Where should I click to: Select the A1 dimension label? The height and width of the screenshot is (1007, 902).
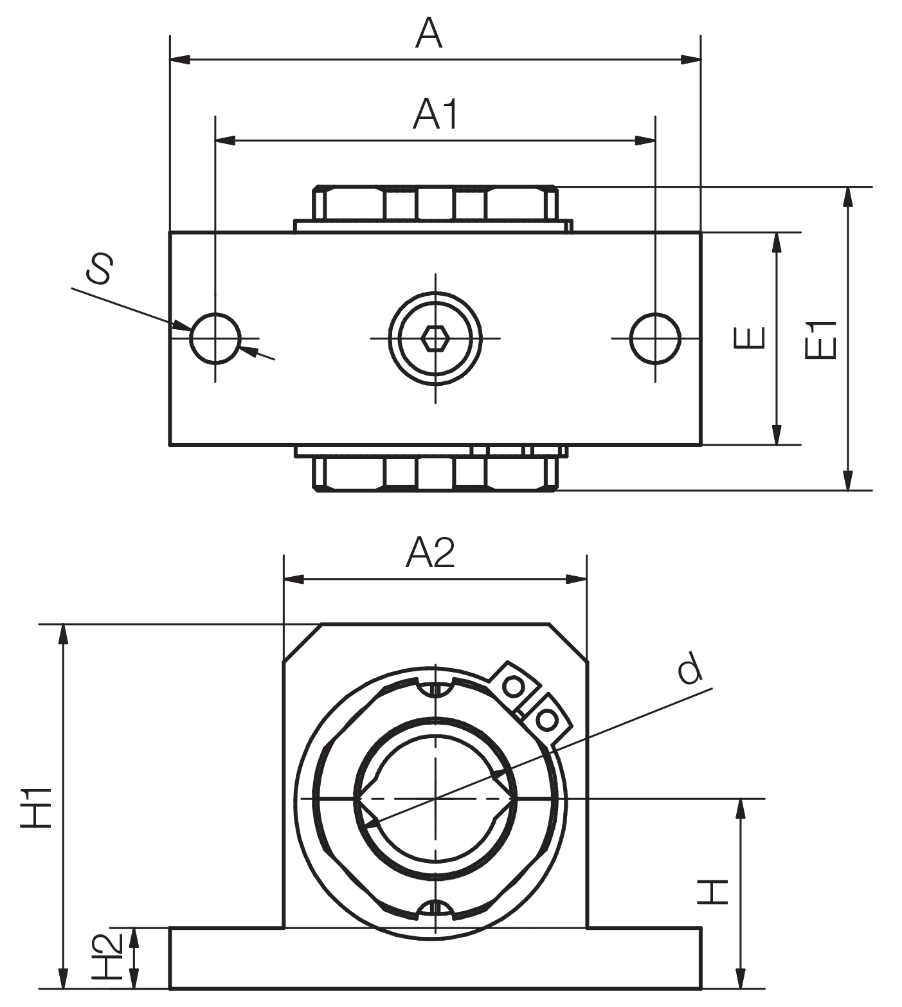[435, 115]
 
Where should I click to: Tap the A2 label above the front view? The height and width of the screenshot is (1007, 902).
[430, 552]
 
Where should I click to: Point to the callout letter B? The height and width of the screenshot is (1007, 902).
[98, 269]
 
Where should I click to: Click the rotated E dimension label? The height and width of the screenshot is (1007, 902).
[748, 336]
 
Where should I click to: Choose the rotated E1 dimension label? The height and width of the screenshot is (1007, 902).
[821, 338]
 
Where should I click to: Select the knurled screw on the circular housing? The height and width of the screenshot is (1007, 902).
[530, 698]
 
